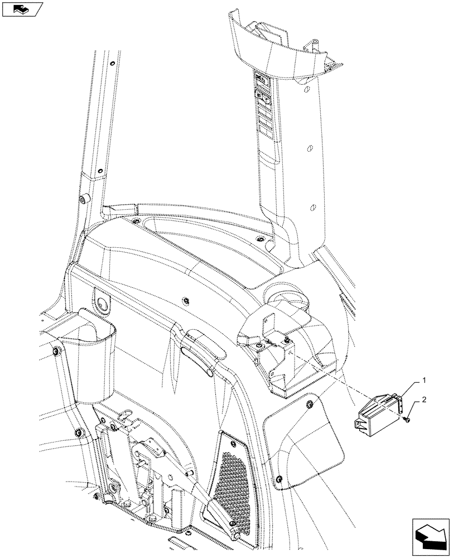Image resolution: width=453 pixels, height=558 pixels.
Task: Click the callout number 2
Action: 425,400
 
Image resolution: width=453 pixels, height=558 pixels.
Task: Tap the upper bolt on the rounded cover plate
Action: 310,402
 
